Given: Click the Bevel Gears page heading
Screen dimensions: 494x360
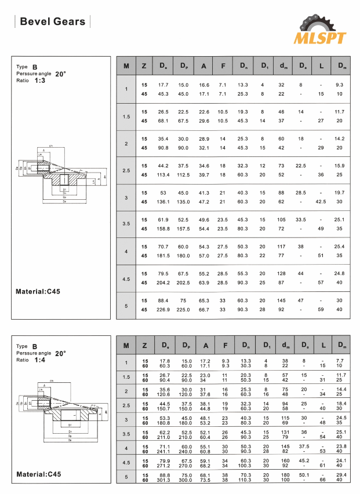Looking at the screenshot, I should click(53, 22).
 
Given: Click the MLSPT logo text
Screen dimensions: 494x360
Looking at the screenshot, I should click(320, 38).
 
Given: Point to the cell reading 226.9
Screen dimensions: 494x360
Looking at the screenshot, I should click(163, 309).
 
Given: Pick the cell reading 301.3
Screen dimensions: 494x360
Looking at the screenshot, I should click(164, 480).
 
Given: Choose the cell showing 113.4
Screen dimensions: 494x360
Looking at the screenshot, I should click(163, 175).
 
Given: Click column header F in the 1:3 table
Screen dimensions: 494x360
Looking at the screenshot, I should click(223, 66).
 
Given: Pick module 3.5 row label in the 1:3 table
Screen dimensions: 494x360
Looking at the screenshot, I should click(126, 224).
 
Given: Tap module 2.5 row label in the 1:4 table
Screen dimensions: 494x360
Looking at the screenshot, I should click(126, 405).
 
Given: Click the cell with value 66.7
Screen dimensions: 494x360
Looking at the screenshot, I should click(203, 309).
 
